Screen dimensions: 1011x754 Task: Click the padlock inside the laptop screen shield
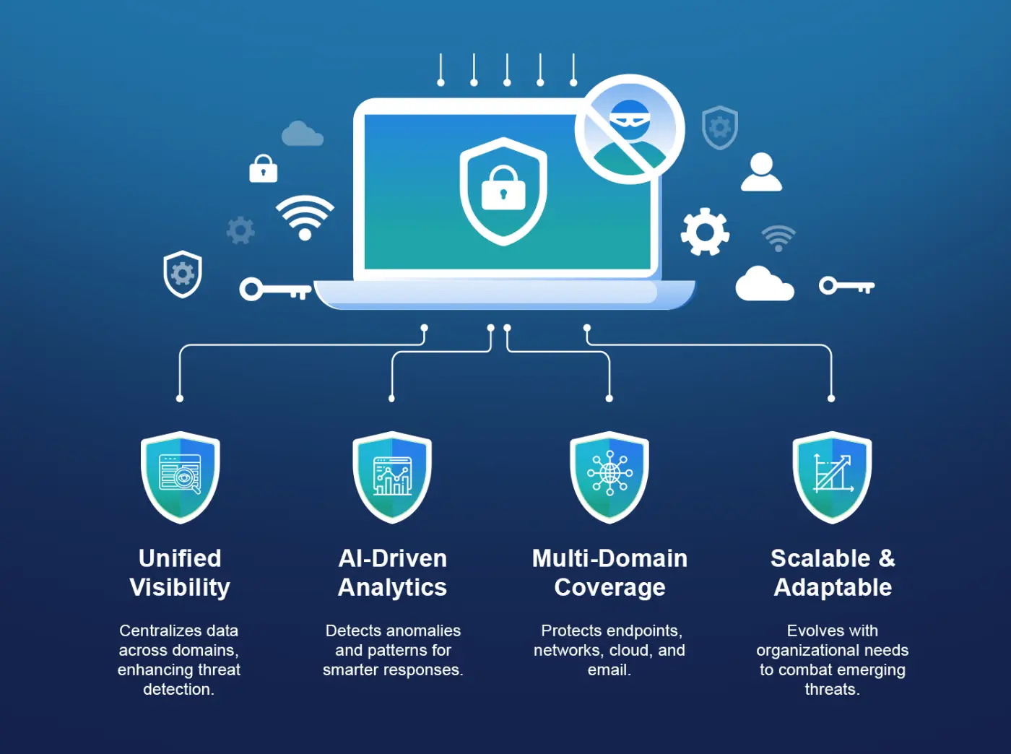point(503,188)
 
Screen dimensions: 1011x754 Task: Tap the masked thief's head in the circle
point(629,119)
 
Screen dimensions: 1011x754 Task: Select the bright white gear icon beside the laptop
point(705,232)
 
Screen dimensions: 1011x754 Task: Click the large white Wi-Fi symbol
point(305,217)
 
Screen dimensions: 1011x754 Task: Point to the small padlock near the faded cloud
point(263,168)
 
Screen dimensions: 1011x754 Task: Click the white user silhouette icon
point(761,171)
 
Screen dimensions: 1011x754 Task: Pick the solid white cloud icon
point(765,283)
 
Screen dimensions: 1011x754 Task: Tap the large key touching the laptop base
point(275,290)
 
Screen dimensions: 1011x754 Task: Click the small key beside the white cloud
point(846,286)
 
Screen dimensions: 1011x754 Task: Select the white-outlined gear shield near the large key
point(183,274)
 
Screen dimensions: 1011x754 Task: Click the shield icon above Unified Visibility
point(180,477)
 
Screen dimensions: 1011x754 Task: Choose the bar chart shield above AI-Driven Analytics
point(392,477)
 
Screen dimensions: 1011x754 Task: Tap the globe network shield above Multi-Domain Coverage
point(609,477)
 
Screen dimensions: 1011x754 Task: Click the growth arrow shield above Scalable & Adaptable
point(832,477)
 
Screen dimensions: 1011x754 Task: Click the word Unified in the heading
point(180,558)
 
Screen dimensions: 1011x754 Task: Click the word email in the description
point(609,669)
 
